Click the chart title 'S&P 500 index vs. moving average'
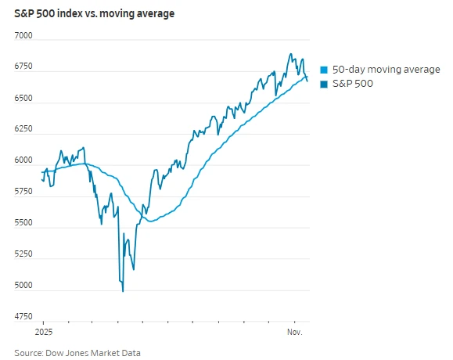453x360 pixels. [x=95, y=13]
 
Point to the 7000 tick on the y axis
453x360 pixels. [x=23, y=37]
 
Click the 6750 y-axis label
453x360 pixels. [x=23, y=67]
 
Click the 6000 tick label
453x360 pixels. [x=23, y=161]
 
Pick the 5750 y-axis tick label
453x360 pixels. [x=23, y=193]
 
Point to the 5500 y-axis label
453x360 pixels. [x=23, y=224]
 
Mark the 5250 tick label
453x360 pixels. [x=23, y=254]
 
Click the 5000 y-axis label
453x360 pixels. [x=23, y=286]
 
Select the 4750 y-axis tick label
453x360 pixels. [x=23, y=317]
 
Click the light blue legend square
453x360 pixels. [x=325, y=69]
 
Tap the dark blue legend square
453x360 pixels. [x=325, y=83]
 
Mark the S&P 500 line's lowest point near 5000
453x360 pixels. [x=123, y=291]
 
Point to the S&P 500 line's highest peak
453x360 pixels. [x=291, y=54]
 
